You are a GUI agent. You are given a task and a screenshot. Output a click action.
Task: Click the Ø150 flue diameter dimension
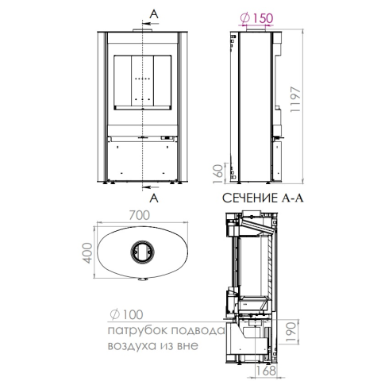(x=256, y=18)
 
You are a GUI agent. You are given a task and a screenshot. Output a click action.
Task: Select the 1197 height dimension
(x=295, y=99)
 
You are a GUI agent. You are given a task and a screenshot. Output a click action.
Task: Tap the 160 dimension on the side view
(x=218, y=174)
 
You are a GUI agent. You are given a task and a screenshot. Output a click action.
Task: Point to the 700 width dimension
(x=140, y=215)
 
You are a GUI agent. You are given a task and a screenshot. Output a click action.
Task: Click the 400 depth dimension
(x=87, y=253)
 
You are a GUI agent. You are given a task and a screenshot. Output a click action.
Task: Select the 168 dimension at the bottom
(x=266, y=371)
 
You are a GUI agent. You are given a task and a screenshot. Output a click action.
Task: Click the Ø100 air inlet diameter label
(x=126, y=314)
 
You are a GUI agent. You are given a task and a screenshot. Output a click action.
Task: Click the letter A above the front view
(x=154, y=14)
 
